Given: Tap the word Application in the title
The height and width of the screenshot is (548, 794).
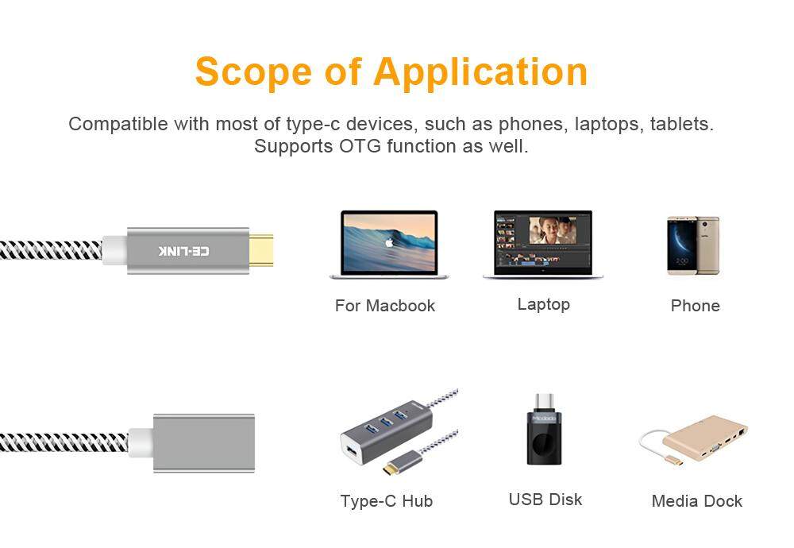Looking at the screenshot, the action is (x=480, y=71).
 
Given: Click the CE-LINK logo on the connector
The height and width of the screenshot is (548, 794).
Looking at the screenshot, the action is (x=183, y=251).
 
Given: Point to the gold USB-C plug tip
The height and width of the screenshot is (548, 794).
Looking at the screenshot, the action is (x=260, y=250).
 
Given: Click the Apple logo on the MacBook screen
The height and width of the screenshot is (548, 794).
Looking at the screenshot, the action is (x=389, y=243).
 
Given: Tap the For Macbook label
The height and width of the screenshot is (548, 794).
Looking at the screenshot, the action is (x=385, y=306).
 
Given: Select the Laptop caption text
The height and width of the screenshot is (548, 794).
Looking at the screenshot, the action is (x=543, y=304).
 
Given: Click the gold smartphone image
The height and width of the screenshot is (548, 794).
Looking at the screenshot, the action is (x=693, y=246).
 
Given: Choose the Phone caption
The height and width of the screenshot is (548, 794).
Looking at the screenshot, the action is (x=696, y=306).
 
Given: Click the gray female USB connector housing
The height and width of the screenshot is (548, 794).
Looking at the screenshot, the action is (x=204, y=444).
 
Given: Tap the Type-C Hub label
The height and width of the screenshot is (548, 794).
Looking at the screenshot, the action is (x=387, y=501).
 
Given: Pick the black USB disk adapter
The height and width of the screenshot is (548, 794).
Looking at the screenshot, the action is (x=545, y=430).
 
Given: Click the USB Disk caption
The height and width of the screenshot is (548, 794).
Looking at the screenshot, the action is (x=545, y=500).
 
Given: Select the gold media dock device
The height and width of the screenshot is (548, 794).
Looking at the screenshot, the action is (x=705, y=438).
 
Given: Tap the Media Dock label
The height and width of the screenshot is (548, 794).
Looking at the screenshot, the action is (x=697, y=501).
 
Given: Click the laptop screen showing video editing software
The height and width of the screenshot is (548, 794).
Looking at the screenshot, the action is (x=543, y=242).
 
